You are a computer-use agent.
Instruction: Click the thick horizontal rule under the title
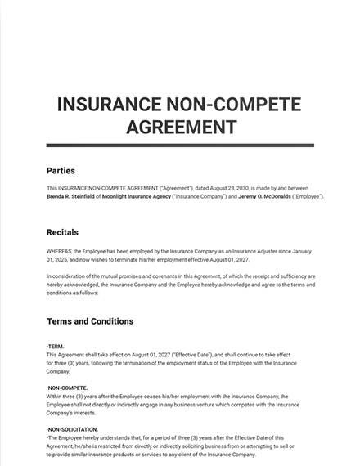[180, 146]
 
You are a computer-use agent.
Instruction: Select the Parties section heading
[61, 171]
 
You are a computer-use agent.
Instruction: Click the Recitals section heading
[63, 232]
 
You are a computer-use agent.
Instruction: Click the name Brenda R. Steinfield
[74, 197]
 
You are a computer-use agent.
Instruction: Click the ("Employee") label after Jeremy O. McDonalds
[304, 197]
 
